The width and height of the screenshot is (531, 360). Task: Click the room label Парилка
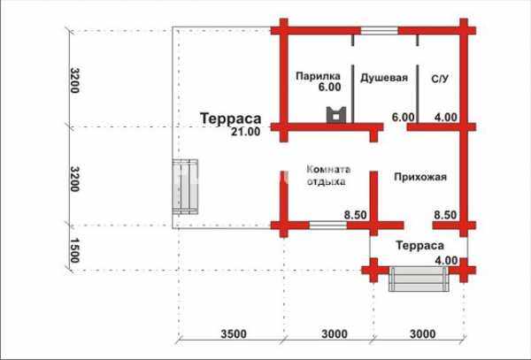coord(318,76)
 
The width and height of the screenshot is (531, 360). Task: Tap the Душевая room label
coord(384,78)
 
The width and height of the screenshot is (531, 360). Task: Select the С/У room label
coord(440,79)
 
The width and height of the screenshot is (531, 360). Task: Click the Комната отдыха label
coord(328,175)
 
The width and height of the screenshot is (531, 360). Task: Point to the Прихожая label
coord(420,177)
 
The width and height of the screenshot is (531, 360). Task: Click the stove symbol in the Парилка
coord(336,114)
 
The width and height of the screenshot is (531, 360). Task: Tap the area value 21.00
coord(246,131)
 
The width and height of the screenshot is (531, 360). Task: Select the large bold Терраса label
coord(231,119)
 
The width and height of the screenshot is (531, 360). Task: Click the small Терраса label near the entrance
coord(419,245)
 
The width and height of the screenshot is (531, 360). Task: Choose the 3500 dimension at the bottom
coord(234,334)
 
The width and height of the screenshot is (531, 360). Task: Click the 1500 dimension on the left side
coord(74,250)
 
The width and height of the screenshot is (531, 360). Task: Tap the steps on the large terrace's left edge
coord(185,187)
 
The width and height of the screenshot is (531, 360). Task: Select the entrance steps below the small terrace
coord(419,279)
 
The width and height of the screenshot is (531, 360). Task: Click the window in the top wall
coord(379,31)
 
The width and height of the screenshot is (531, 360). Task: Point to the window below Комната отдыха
coord(327,225)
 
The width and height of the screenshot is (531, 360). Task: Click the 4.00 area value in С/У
coord(446,118)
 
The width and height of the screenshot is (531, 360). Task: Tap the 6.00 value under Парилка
coord(329,87)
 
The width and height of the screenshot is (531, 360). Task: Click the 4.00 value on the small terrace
coord(446,261)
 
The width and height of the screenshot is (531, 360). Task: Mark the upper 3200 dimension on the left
coord(74,80)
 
